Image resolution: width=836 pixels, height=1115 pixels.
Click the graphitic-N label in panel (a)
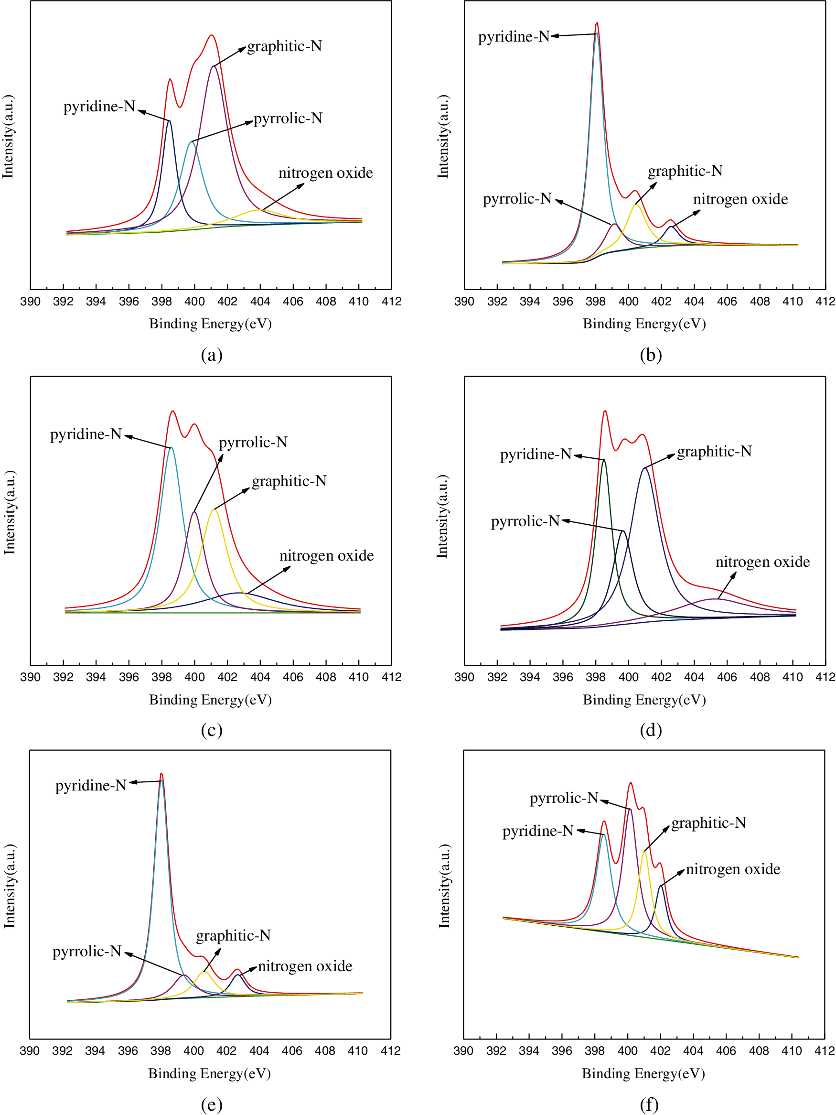pos(284,46)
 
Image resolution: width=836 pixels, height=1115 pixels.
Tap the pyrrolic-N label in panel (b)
pos(517,199)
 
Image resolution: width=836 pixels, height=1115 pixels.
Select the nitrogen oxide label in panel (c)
pos(327,555)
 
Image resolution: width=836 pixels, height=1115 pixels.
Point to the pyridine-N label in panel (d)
pos(536,455)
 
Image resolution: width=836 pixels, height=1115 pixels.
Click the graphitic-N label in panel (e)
pos(233,936)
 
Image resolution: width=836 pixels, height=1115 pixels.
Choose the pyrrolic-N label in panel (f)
pos(564,798)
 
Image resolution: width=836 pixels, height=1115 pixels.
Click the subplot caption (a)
pos(211,355)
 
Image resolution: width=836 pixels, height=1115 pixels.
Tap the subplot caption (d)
pos(650,730)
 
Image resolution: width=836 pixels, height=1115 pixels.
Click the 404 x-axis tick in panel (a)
pos(260,302)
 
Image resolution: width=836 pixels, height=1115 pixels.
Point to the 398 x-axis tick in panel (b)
pos(595,302)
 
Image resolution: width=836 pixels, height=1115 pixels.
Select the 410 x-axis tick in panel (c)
pos(358,677)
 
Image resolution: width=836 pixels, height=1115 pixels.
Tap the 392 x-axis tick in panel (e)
pos(62,1051)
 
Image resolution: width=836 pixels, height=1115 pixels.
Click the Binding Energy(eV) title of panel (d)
pos(644,700)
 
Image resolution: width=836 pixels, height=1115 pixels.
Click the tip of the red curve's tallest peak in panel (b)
pos(597,22)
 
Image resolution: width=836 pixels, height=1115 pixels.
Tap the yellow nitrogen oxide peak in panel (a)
pos(258,210)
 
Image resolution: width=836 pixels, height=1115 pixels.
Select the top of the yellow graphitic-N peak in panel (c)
pos(214,509)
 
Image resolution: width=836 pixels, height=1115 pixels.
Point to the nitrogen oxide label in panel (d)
pos(762,562)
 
